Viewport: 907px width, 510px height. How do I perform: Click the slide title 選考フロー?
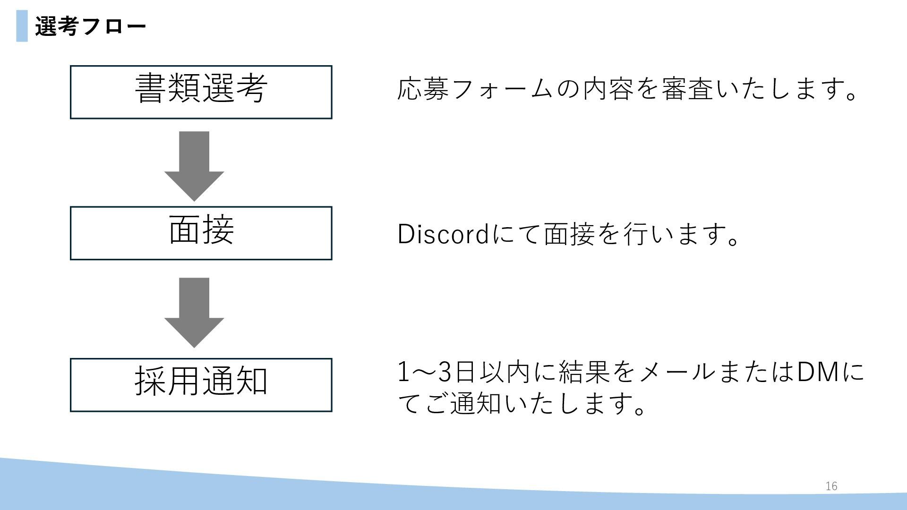(90, 26)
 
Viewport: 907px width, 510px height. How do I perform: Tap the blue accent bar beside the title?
(22, 26)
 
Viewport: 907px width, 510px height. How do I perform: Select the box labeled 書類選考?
(201, 92)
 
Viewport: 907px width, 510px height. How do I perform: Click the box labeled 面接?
(201, 233)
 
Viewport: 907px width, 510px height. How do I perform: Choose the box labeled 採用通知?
(201, 385)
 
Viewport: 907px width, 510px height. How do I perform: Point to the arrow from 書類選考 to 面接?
(194, 165)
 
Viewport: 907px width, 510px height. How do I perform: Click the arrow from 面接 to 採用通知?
(194, 312)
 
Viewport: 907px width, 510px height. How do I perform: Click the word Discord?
(443, 234)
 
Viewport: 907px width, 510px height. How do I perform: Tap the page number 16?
(831, 486)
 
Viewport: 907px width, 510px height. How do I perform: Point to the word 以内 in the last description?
(505, 372)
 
